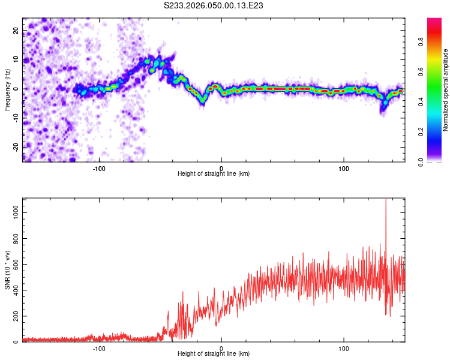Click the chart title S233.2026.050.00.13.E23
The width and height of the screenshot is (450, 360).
pos(214,5)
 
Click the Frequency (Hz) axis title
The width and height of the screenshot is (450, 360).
pos(7,89)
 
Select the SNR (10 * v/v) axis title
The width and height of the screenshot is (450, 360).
pos(7,270)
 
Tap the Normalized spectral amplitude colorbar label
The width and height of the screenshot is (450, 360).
pos(446,90)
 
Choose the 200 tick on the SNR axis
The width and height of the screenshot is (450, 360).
pos(15,316)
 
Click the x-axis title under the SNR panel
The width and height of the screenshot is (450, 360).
pos(214,355)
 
